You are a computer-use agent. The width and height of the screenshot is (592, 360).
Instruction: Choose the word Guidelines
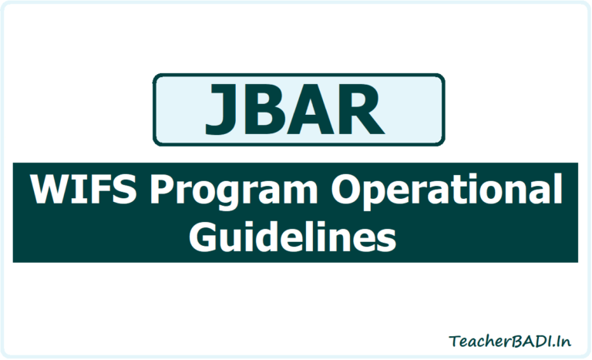pyautogui.click(x=292, y=235)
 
